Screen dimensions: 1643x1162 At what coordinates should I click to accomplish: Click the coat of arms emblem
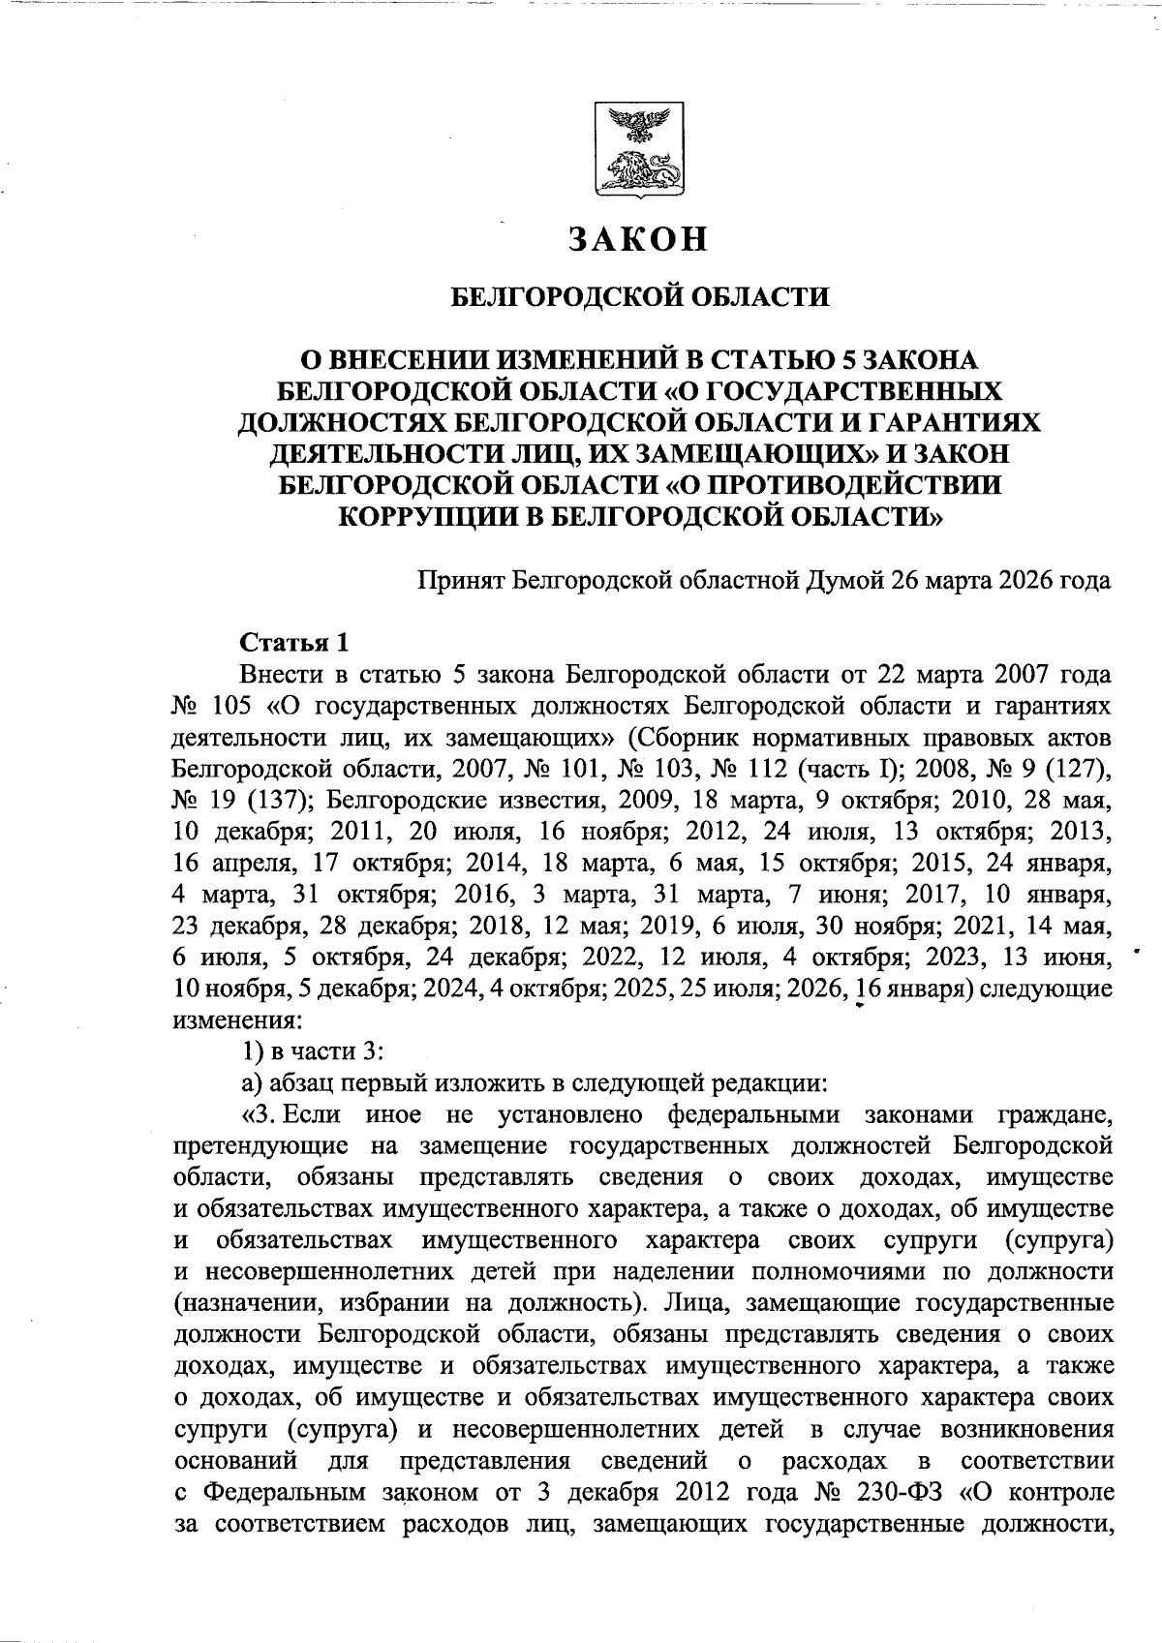(x=637, y=152)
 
